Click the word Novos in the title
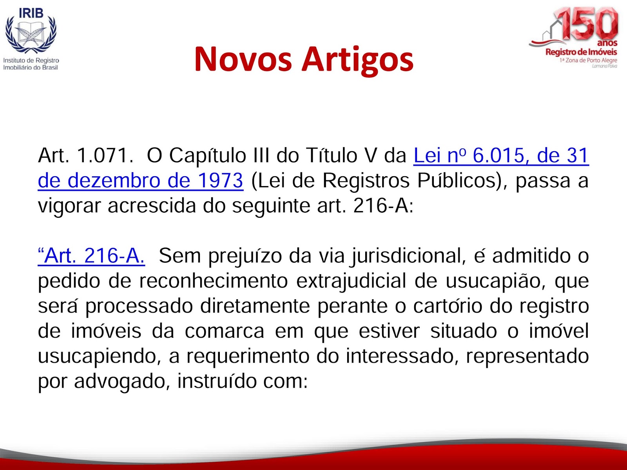point(243,60)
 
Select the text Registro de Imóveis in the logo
point(581,52)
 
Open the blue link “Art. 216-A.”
point(91,256)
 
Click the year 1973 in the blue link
point(220,181)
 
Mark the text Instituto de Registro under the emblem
point(31,60)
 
